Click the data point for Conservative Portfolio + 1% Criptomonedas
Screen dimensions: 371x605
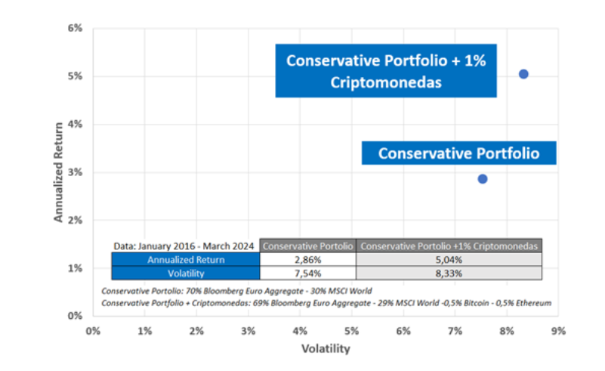point(523,74)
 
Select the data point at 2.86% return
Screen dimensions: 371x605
point(483,179)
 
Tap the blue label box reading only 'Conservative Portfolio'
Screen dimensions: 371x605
point(458,153)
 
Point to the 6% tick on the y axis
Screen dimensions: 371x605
point(76,29)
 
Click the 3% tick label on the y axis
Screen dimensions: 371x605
point(76,172)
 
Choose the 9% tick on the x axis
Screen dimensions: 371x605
point(558,331)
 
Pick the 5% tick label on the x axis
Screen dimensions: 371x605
point(351,331)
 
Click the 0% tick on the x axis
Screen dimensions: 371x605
point(94,331)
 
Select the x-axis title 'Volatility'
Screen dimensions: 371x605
point(326,349)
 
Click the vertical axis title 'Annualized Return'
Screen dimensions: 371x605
point(58,172)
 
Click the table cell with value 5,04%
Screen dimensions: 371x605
point(449,259)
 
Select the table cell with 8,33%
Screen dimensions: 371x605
point(449,273)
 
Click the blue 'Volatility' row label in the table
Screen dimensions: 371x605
point(185,273)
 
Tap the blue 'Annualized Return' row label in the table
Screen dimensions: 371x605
point(185,259)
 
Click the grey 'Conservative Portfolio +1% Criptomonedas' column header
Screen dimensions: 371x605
point(449,246)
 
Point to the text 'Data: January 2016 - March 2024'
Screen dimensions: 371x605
point(185,246)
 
